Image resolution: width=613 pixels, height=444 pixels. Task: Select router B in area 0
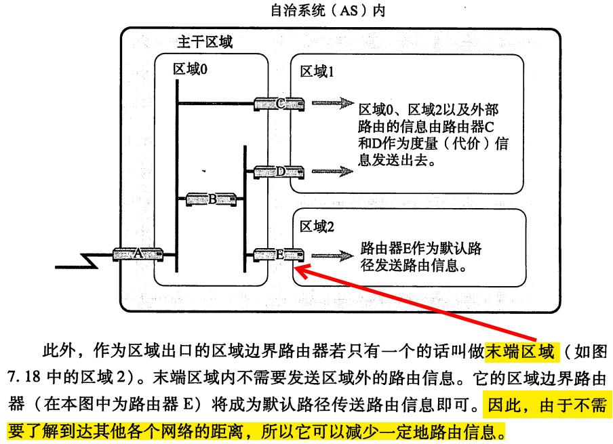click(x=212, y=199)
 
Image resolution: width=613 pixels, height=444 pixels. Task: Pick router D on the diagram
click(x=280, y=172)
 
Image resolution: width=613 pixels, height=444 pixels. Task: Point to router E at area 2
click(x=279, y=255)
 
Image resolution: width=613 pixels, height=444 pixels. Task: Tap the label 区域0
click(x=190, y=68)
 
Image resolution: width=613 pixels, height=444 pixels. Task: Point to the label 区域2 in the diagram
click(x=317, y=226)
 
